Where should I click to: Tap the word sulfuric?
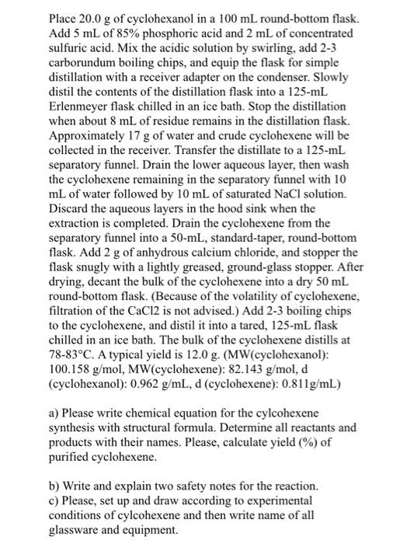click(68, 52)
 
